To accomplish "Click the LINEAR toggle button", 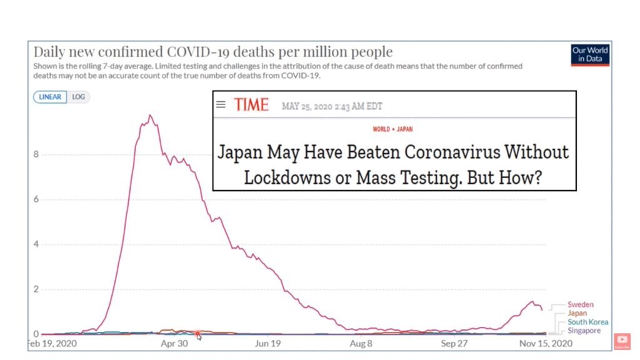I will click(x=51, y=97).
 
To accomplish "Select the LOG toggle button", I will click(x=78, y=97).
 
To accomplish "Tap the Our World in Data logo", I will click(x=589, y=55).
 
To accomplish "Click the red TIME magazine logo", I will click(x=251, y=105).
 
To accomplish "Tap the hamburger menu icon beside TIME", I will click(x=221, y=104).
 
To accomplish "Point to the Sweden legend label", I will click(x=581, y=305).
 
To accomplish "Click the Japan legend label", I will click(x=577, y=313).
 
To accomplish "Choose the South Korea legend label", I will click(x=587, y=322).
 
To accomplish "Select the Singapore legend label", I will click(x=584, y=331).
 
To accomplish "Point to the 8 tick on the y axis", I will click(x=36, y=154).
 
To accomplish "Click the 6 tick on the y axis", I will click(x=36, y=199).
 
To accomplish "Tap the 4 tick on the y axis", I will click(x=36, y=244).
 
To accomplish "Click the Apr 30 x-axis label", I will click(x=174, y=344).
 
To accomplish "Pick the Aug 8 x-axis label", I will click(x=361, y=344).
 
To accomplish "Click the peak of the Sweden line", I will click(x=150, y=116).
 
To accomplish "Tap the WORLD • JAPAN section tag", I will click(x=392, y=129).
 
